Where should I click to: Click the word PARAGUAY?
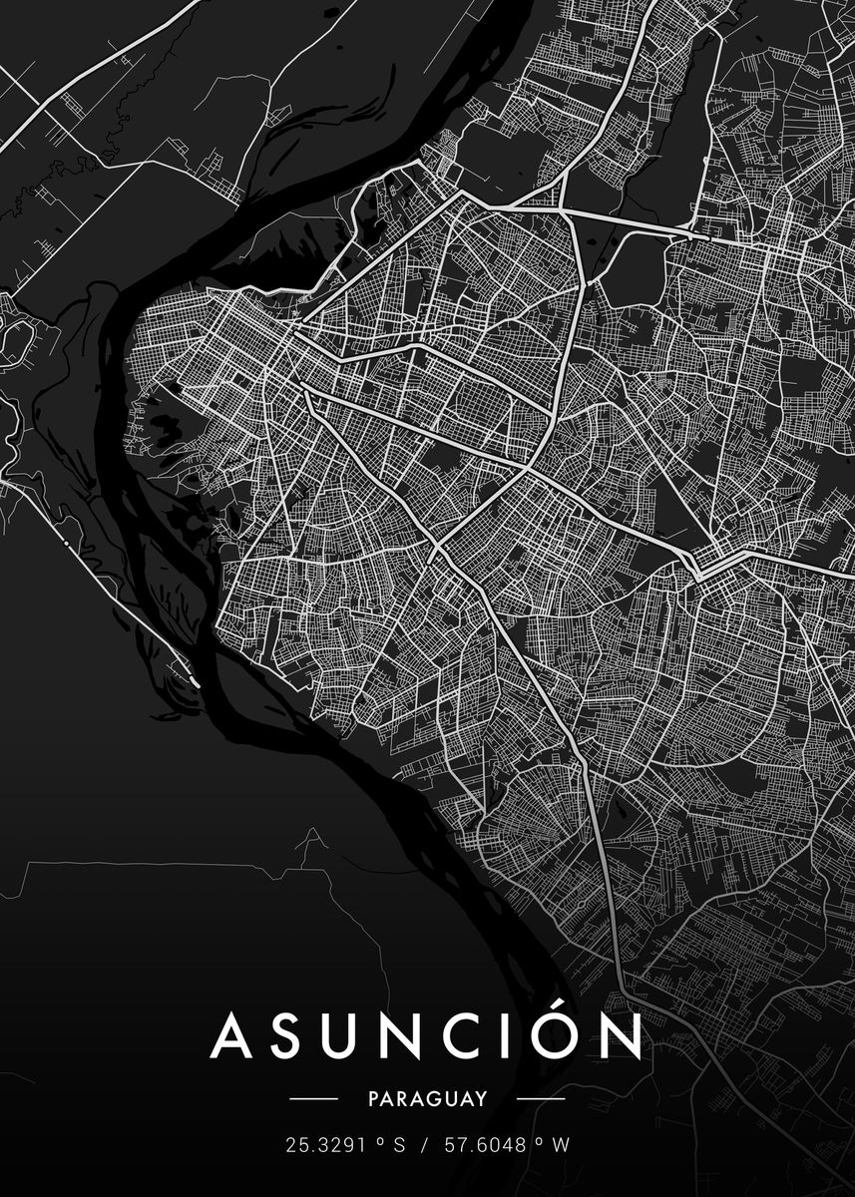click(x=427, y=1099)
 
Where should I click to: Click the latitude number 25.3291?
click(x=324, y=1146)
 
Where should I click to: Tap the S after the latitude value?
click(x=399, y=1146)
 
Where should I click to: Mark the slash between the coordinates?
click(x=423, y=1146)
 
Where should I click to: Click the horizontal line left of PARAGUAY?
click(x=313, y=1099)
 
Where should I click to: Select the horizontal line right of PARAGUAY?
click(x=541, y=1099)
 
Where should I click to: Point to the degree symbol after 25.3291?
click(x=379, y=1140)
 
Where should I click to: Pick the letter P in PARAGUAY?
click(x=373, y=1099)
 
